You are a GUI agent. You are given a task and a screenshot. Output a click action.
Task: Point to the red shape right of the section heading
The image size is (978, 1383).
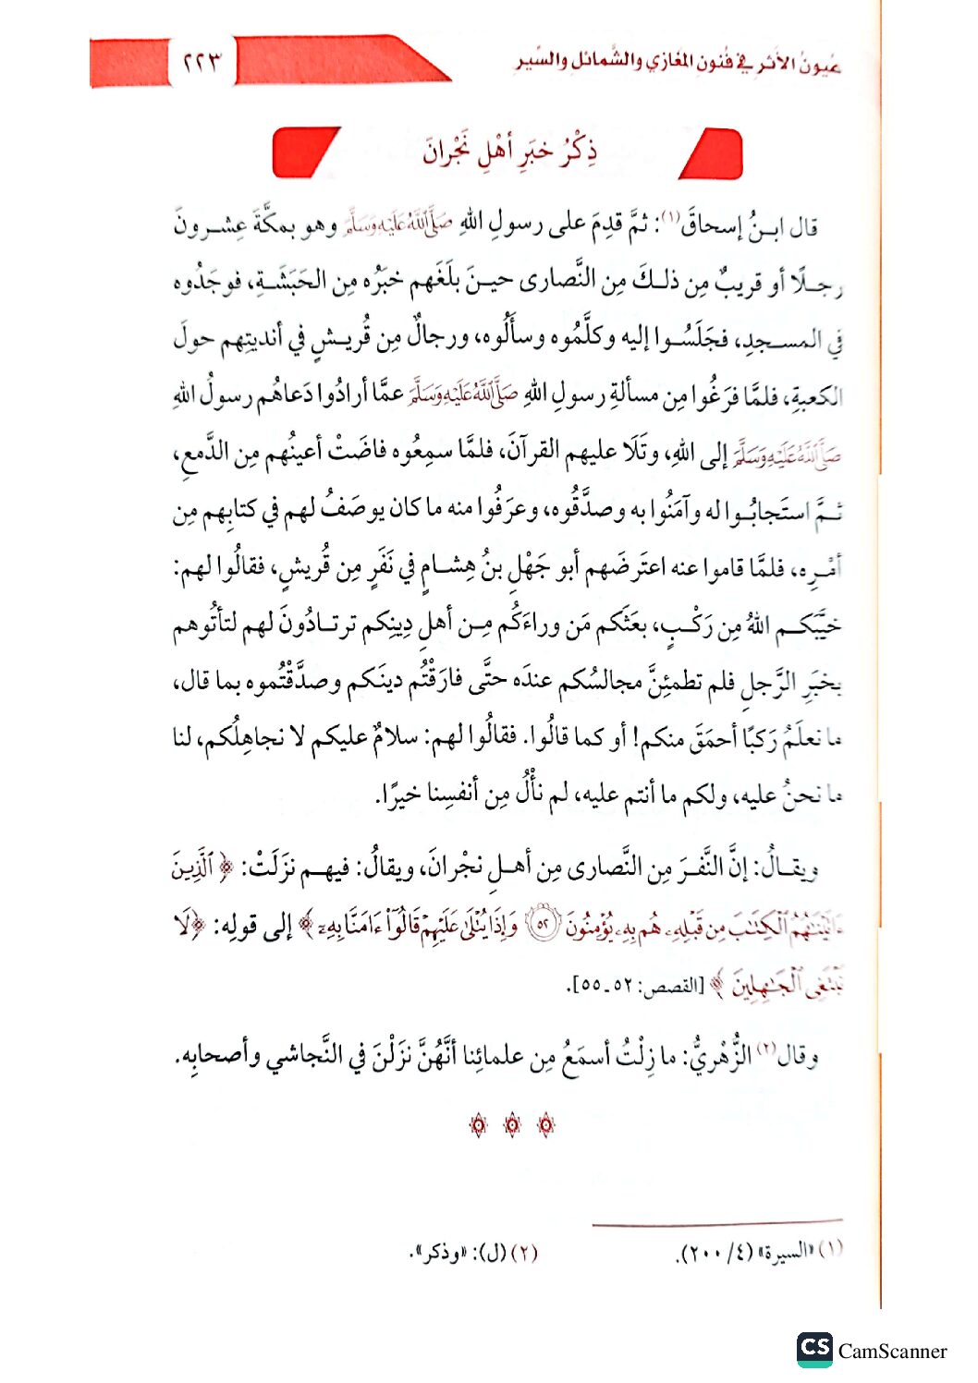713,153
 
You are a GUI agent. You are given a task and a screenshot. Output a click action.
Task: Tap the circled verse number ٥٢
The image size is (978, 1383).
542,925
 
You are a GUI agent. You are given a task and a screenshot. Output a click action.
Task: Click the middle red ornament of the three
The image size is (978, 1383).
512,1124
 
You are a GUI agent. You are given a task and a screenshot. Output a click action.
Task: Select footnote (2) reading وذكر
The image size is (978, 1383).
473,1254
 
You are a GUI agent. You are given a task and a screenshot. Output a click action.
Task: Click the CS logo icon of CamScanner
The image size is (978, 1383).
814,1349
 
